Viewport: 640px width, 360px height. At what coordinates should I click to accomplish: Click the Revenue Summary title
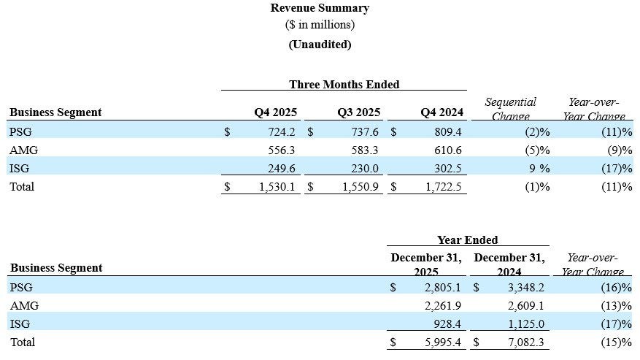tap(320, 8)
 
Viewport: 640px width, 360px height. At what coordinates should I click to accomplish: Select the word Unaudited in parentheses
tap(320, 44)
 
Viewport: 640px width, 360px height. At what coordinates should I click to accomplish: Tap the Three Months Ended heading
tap(344, 84)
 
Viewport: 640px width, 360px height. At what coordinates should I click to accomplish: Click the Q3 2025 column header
tap(358, 112)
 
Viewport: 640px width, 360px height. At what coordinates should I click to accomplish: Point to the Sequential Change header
tap(510, 109)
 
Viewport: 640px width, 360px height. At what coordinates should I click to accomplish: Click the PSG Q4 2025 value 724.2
tap(281, 132)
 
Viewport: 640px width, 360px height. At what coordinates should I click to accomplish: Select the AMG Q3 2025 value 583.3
tap(364, 150)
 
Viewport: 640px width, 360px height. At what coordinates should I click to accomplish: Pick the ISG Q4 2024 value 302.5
tap(448, 169)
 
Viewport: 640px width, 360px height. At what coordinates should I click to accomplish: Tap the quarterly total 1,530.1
tap(277, 187)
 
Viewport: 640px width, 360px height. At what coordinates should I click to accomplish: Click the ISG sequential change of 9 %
tap(539, 169)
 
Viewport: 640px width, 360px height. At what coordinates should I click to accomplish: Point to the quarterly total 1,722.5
tap(443, 187)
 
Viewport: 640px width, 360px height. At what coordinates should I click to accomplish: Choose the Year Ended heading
tap(467, 240)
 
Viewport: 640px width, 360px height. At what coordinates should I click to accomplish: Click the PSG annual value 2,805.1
tap(442, 287)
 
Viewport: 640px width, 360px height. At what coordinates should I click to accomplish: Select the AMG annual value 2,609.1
tap(525, 306)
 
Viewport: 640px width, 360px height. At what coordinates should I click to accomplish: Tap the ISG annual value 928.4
tap(447, 324)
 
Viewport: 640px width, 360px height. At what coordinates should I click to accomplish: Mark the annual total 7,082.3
tap(525, 342)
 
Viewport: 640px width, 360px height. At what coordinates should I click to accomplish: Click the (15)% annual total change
tap(617, 342)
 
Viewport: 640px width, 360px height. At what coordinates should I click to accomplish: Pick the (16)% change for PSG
tap(617, 287)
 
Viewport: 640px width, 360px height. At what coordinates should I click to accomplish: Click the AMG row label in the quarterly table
tap(23, 150)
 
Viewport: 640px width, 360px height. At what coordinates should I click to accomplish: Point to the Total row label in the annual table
tap(23, 342)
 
